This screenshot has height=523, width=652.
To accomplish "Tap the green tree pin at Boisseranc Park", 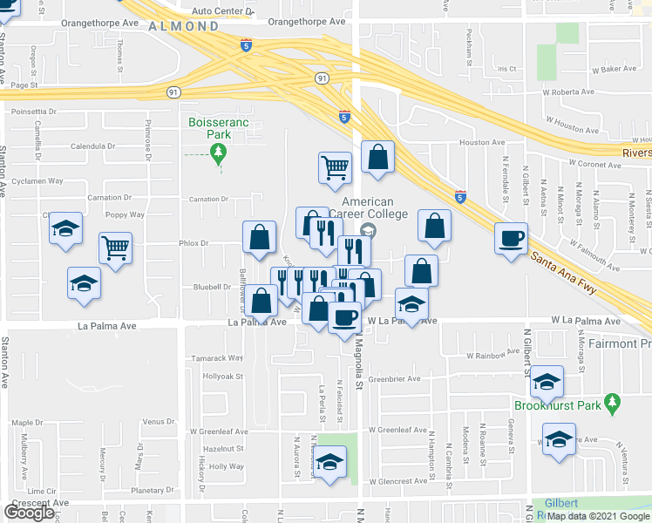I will (x=219, y=156).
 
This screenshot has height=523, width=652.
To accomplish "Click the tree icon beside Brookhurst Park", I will (x=614, y=402).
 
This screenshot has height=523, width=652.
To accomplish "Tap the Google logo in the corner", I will (x=30, y=513).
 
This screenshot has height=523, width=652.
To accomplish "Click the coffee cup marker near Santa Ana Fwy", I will (x=512, y=238).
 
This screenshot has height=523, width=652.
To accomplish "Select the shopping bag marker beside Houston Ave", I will (x=377, y=158).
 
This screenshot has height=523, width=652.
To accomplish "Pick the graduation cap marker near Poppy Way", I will (x=65, y=229).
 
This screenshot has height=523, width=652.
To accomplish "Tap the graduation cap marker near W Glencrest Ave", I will (x=330, y=463).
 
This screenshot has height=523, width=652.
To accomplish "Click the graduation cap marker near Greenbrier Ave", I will (x=547, y=382).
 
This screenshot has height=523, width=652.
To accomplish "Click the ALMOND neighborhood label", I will (x=183, y=27).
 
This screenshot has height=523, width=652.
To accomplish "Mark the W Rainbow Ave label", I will (x=493, y=356).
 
